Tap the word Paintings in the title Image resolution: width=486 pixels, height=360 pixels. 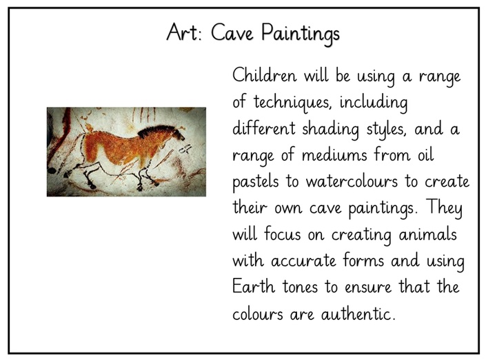pyautogui.click(x=301, y=33)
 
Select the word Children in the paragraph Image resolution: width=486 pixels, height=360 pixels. pyautogui.click(x=265, y=75)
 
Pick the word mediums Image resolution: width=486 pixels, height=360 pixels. pyautogui.click(x=334, y=154)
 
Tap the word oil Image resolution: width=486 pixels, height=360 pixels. pyautogui.click(x=425, y=154)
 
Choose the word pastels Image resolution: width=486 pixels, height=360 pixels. pyautogui.click(x=255, y=181)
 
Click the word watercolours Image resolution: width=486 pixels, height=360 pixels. pyautogui.click(x=352, y=181)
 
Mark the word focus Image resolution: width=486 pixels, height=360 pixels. pyautogui.click(x=282, y=234)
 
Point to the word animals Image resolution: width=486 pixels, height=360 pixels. pyautogui.click(x=427, y=234)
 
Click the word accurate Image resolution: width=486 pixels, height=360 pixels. pyautogui.click(x=303, y=261)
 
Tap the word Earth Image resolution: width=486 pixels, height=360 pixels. pyautogui.click(x=254, y=286)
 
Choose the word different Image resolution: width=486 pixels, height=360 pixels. pyautogui.click(x=264, y=128)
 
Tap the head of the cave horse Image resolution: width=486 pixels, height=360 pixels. pyautogui.click(x=175, y=134)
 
